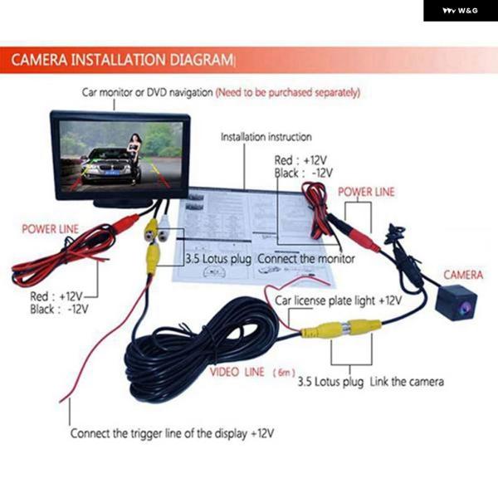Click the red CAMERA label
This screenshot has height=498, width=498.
[x=464, y=275]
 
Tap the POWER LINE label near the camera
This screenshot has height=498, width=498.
[x=366, y=192]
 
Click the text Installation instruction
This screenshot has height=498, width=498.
[x=266, y=137]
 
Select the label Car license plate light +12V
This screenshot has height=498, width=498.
[x=338, y=300]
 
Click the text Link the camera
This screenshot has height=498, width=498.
[x=407, y=382]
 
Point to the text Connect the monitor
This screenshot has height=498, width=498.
[x=305, y=259]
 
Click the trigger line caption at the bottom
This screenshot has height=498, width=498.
[x=172, y=433]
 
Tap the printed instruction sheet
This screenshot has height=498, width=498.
[x=249, y=232]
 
